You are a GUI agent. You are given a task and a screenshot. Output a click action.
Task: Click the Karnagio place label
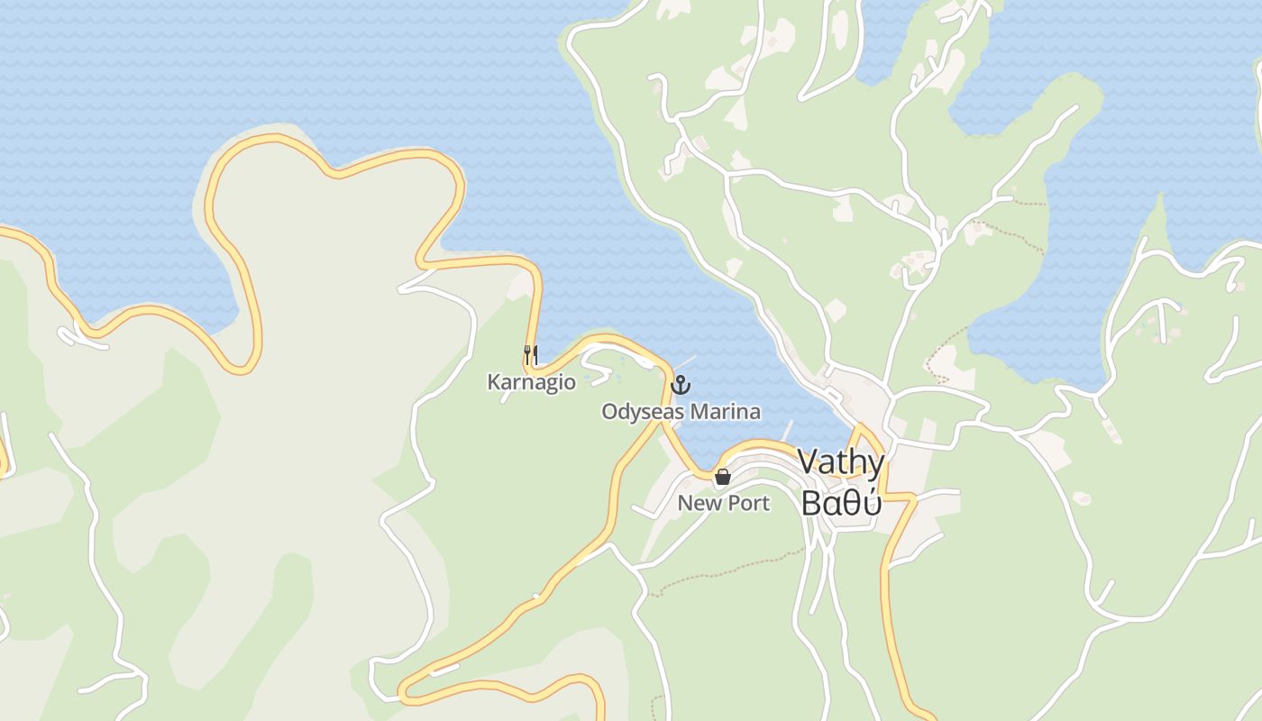531,382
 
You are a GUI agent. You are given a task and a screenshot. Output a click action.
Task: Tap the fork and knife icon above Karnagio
531,354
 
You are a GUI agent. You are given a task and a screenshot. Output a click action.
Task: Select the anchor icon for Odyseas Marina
681,386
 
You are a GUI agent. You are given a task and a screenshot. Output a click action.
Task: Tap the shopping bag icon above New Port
722,477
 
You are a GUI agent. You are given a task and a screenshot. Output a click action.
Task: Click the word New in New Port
696,503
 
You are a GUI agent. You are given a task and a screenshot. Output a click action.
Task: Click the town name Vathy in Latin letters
841,463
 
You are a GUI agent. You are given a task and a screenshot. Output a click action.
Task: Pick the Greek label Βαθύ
841,504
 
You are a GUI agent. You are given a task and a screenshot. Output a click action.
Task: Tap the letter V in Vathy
809,463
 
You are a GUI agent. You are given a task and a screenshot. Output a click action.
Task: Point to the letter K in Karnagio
493,382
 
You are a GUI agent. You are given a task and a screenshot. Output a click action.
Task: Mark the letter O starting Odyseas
609,412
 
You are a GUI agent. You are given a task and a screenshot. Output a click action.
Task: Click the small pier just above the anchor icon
687,362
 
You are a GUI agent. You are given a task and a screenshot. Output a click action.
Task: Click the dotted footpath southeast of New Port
721,570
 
